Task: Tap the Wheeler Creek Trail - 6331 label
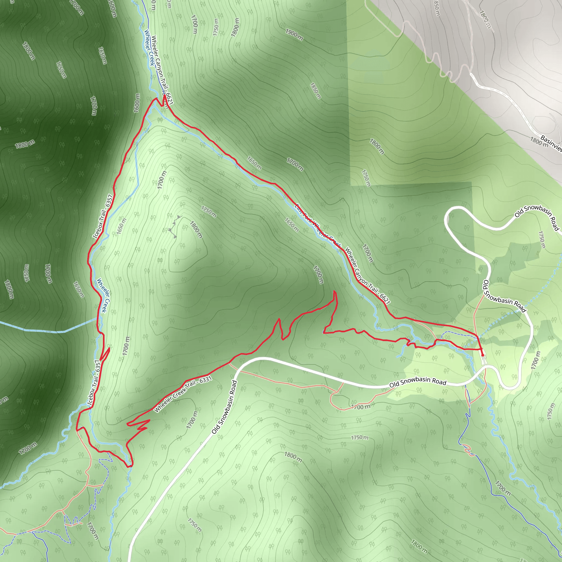[183, 394]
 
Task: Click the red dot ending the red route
[483, 355]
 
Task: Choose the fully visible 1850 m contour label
[315, 91]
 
